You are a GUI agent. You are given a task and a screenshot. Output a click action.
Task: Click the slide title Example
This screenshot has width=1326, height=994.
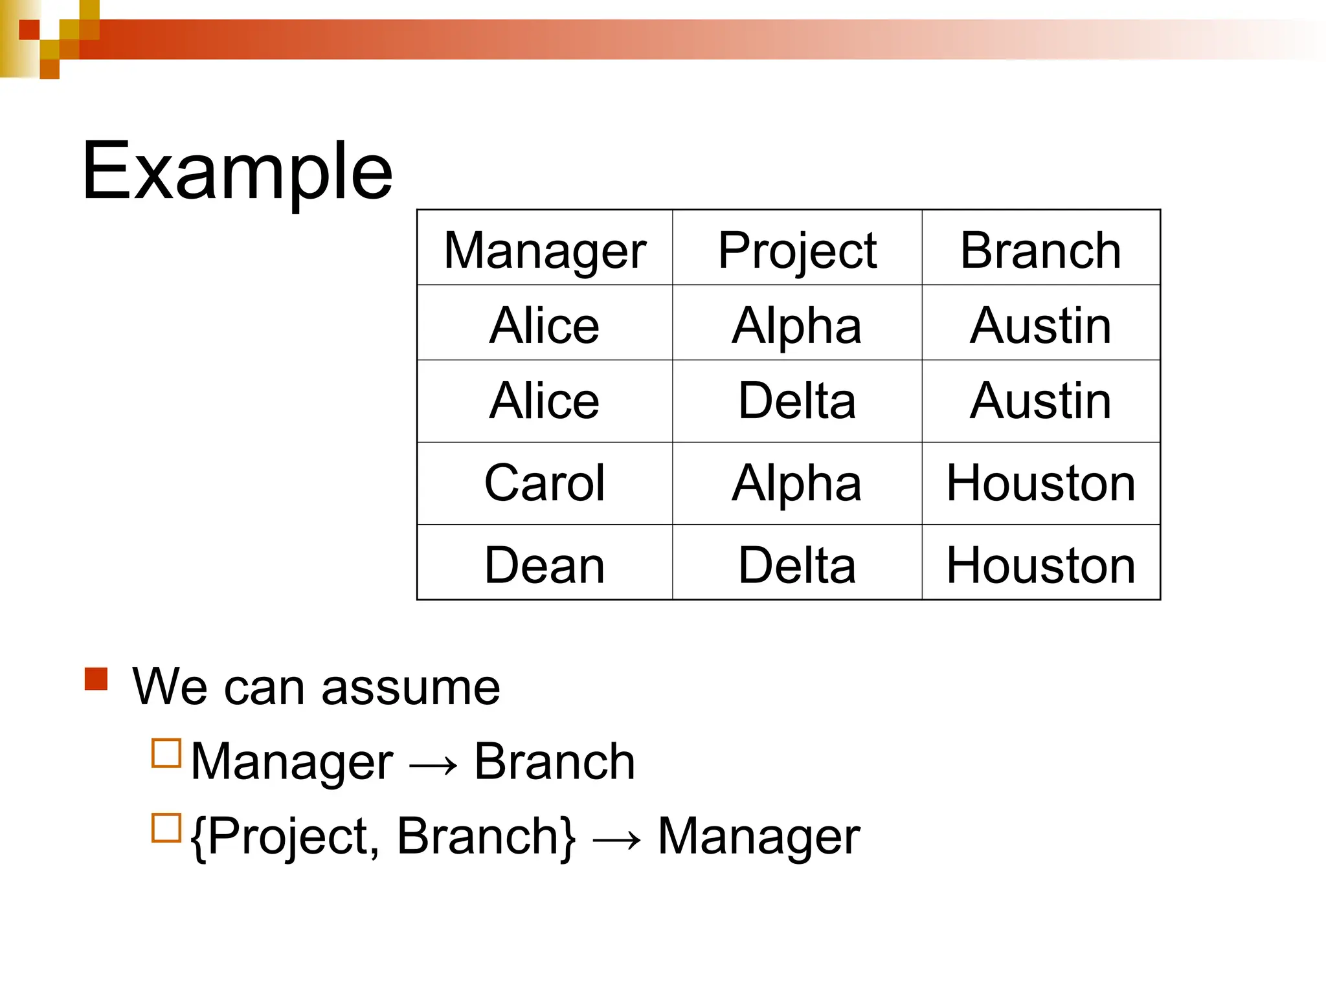coord(237,171)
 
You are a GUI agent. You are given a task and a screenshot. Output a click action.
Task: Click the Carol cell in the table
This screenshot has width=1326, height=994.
coord(545,483)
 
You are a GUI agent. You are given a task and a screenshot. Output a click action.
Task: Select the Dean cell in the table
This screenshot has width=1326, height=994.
coord(545,565)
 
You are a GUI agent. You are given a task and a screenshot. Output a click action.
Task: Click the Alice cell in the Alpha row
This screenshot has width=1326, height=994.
coord(545,325)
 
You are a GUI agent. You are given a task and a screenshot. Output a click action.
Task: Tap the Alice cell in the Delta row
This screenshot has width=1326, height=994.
coord(545,401)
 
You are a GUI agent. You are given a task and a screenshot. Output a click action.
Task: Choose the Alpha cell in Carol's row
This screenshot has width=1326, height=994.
coord(797,483)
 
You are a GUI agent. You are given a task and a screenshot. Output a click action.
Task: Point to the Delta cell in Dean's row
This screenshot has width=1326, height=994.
coord(797,565)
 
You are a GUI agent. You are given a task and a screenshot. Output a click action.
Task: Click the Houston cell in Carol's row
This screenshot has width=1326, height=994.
coord(1040,483)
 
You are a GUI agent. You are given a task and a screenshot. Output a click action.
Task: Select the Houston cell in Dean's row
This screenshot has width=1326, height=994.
coord(1040,565)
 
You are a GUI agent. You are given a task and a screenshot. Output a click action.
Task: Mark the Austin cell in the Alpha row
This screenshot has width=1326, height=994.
coord(1040,325)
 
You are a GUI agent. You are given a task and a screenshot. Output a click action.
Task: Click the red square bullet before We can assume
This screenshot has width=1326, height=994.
coord(96,679)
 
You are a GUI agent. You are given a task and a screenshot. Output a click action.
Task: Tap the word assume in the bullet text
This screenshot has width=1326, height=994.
coord(410,687)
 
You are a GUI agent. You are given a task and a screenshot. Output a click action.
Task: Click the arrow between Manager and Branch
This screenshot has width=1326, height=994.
coord(433,766)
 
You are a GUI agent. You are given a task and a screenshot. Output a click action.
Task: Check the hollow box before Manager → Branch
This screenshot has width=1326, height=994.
coord(166,753)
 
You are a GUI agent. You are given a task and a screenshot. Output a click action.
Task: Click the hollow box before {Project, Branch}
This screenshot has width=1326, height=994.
coord(166,828)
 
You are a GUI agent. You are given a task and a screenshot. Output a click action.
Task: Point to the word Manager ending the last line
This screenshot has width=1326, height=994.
coord(758,837)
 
